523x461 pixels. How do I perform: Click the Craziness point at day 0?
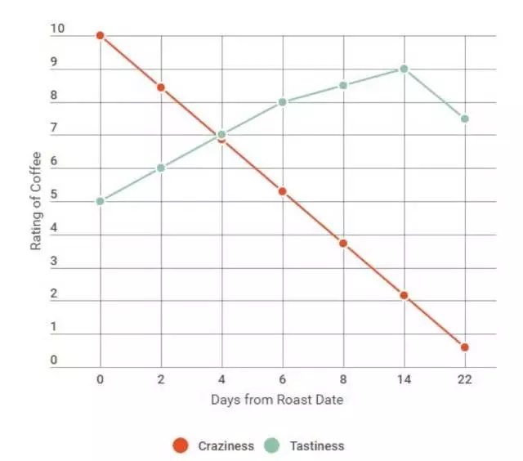(100, 36)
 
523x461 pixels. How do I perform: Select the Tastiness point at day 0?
(100, 201)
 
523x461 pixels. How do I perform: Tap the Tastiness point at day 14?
(404, 69)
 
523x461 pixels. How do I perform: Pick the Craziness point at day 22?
(465, 347)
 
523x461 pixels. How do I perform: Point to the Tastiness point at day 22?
(465, 119)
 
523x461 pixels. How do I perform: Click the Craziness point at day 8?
(343, 244)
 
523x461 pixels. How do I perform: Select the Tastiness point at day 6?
(283, 102)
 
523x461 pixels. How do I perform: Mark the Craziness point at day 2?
(161, 87)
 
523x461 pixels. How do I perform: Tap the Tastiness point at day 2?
(161, 168)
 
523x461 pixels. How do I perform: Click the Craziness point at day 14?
(404, 295)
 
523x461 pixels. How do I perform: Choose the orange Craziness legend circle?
(181, 445)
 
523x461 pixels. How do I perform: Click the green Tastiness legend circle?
(272, 445)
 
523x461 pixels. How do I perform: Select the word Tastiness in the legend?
(316, 446)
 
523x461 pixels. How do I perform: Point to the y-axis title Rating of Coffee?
(36, 201)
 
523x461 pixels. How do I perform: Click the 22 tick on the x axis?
(465, 379)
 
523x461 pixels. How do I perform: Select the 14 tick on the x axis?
(404, 379)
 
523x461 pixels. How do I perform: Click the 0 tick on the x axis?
(100, 379)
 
